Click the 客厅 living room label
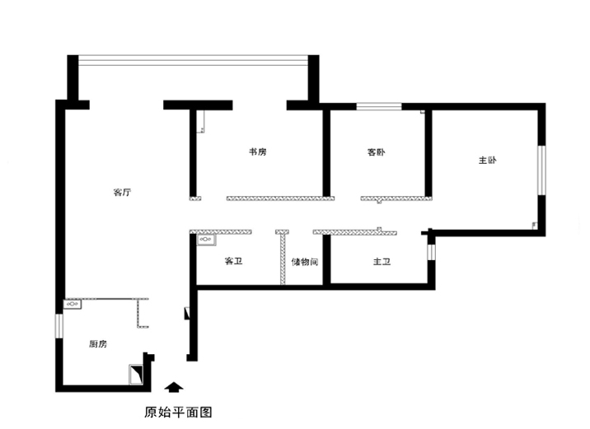pyautogui.click(x=122, y=193)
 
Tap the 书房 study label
pyautogui.click(x=258, y=152)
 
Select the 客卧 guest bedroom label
pyautogui.click(x=376, y=152)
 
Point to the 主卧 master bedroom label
pyautogui.click(x=487, y=161)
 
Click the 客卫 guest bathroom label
pyautogui.click(x=233, y=261)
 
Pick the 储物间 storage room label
pyautogui.click(x=304, y=262)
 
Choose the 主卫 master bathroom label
pyautogui.click(x=382, y=261)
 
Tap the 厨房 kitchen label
pyautogui.click(x=98, y=343)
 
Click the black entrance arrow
pyautogui.click(x=174, y=388)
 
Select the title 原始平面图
pyautogui.click(x=178, y=413)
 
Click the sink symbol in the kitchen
pyautogui.click(x=73, y=304)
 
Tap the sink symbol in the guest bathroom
pyautogui.click(x=206, y=240)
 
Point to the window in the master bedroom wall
pyautogui.click(x=541, y=170)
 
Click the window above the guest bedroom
pyautogui.click(x=379, y=106)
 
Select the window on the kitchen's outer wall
pyautogui.click(x=59, y=326)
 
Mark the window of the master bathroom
pyautogui.click(x=431, y=252)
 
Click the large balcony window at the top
pyautogui.click(x=193, y=60)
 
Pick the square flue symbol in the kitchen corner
pyautogui.click(x=136, y=375)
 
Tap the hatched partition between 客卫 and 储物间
pyautogui.click(x=283, y=259)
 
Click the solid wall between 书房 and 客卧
pyautogui.click(x=326, y=152)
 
